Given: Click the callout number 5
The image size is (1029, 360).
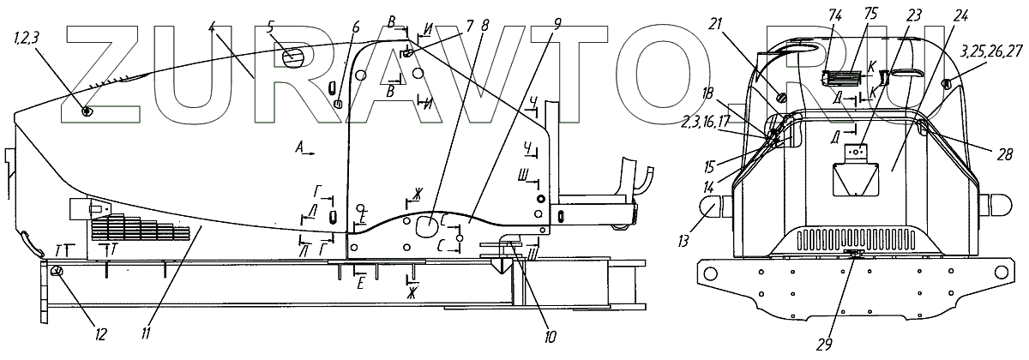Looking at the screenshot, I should coord(271,27).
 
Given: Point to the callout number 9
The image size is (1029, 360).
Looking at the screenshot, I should coord(558,24).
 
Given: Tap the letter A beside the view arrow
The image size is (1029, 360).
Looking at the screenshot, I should coord(299,149).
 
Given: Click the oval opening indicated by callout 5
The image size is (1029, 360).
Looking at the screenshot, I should coord(293,56).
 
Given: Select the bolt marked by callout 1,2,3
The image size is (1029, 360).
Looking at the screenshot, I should coord(87,111).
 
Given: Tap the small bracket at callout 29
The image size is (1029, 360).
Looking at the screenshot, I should coord(851,253).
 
